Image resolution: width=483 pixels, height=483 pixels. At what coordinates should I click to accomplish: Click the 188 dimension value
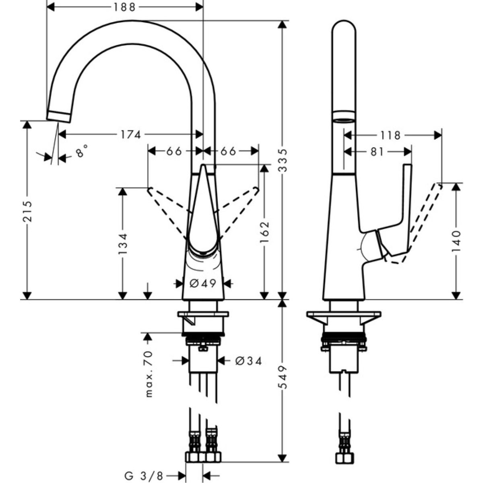pyautogui.click(x=124, y=7)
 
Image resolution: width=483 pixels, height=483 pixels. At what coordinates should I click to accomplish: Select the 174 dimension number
pyautogui.click(x=131, y=134)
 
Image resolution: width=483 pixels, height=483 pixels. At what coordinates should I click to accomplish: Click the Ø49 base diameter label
pyautogui.click(x=203, y=283)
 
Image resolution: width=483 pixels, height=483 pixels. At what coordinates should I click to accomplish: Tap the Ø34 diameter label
pyautogui.click(x=248, y=361)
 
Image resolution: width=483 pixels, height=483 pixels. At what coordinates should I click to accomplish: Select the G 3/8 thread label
pyautogui.click(x=144, y=476)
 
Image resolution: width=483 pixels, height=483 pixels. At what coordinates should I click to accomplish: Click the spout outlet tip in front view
pyautogui.click(x=60, y=116)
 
